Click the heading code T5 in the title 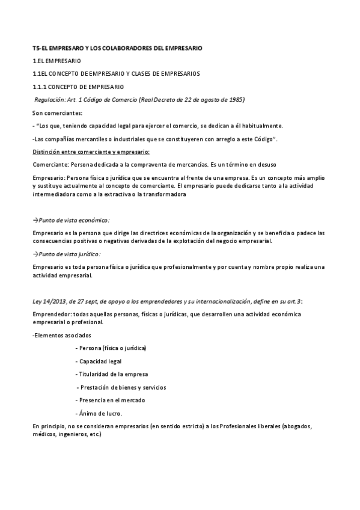tap(36, 48)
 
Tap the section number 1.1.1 tap(40, 87)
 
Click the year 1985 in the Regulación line tap(236, 99)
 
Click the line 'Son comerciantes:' tap(58, 112)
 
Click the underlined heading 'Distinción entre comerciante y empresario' tap(91, 152)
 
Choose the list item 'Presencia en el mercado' tap(112, 400)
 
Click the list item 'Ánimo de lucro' tap(101, 413)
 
